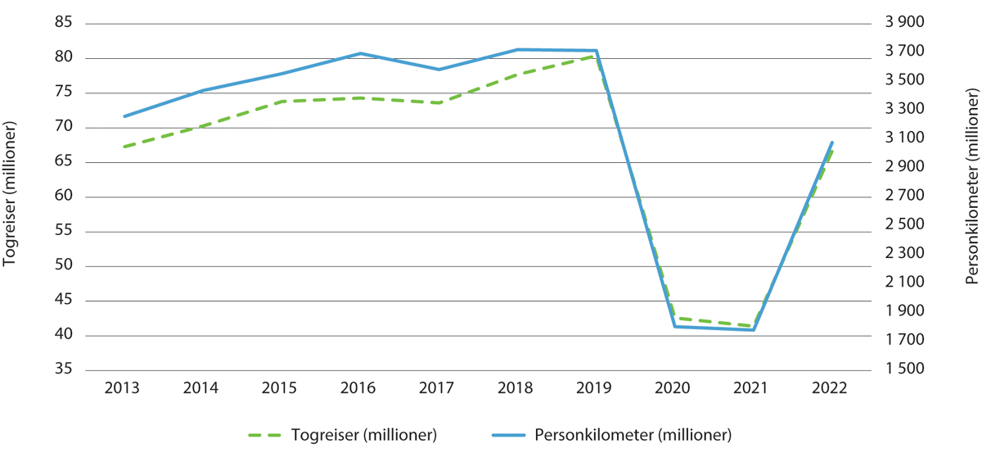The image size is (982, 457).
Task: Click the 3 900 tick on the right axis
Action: click(905, 23)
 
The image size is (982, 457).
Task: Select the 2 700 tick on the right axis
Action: click(905, 197)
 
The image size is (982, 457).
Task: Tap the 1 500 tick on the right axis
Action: click(905, 370)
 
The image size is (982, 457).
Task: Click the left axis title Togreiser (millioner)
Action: click(11, 197)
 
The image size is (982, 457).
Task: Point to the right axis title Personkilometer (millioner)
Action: click(971, 197)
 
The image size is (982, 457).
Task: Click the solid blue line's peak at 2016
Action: click(360, 53)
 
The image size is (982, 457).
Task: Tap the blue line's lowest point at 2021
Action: click(753, 330)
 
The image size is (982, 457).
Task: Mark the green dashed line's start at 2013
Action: click(124, 147)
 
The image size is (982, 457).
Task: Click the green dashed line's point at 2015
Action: click(282, 102)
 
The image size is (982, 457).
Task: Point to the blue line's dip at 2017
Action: click(439, 70)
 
